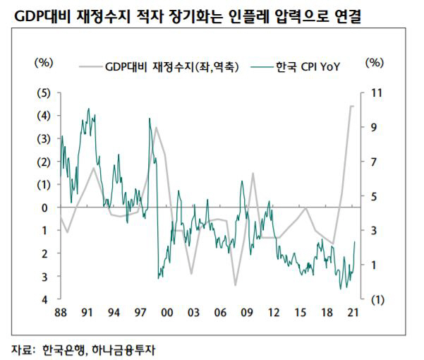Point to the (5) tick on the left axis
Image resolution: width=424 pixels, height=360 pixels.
[x=44, y=92]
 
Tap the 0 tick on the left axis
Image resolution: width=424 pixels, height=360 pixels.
[x=44, y=208]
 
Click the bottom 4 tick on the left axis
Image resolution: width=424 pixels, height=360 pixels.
[x=44, y=299]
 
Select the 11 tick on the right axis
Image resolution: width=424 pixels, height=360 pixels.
[x=375, y=92]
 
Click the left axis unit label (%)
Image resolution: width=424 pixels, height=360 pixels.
[x=44, y=62]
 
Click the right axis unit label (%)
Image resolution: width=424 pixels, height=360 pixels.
[x=374, y=62]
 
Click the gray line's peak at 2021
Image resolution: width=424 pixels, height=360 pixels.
[x=352, y=106]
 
